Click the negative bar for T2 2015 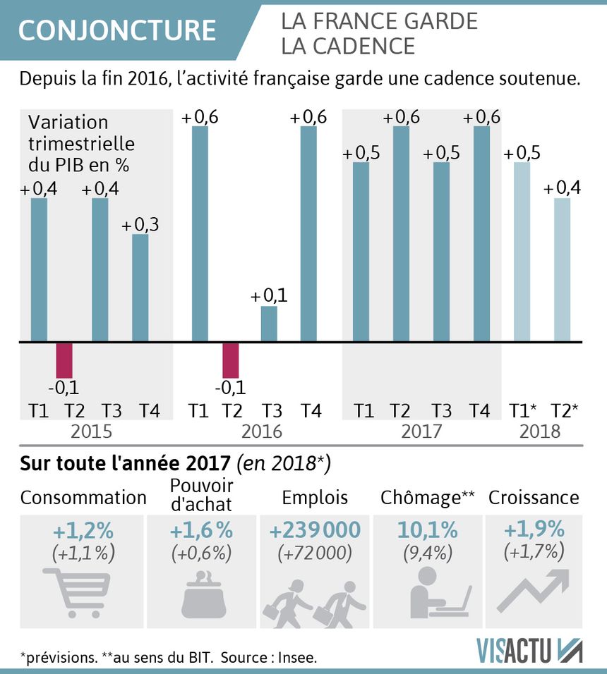(64, 360)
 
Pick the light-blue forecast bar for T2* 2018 (562, 270)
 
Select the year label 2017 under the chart (422, 431)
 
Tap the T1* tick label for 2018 (523, 410)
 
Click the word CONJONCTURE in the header (117, 30)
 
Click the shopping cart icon (78, 592)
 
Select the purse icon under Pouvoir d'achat (202, 594)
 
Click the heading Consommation (83, 498)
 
